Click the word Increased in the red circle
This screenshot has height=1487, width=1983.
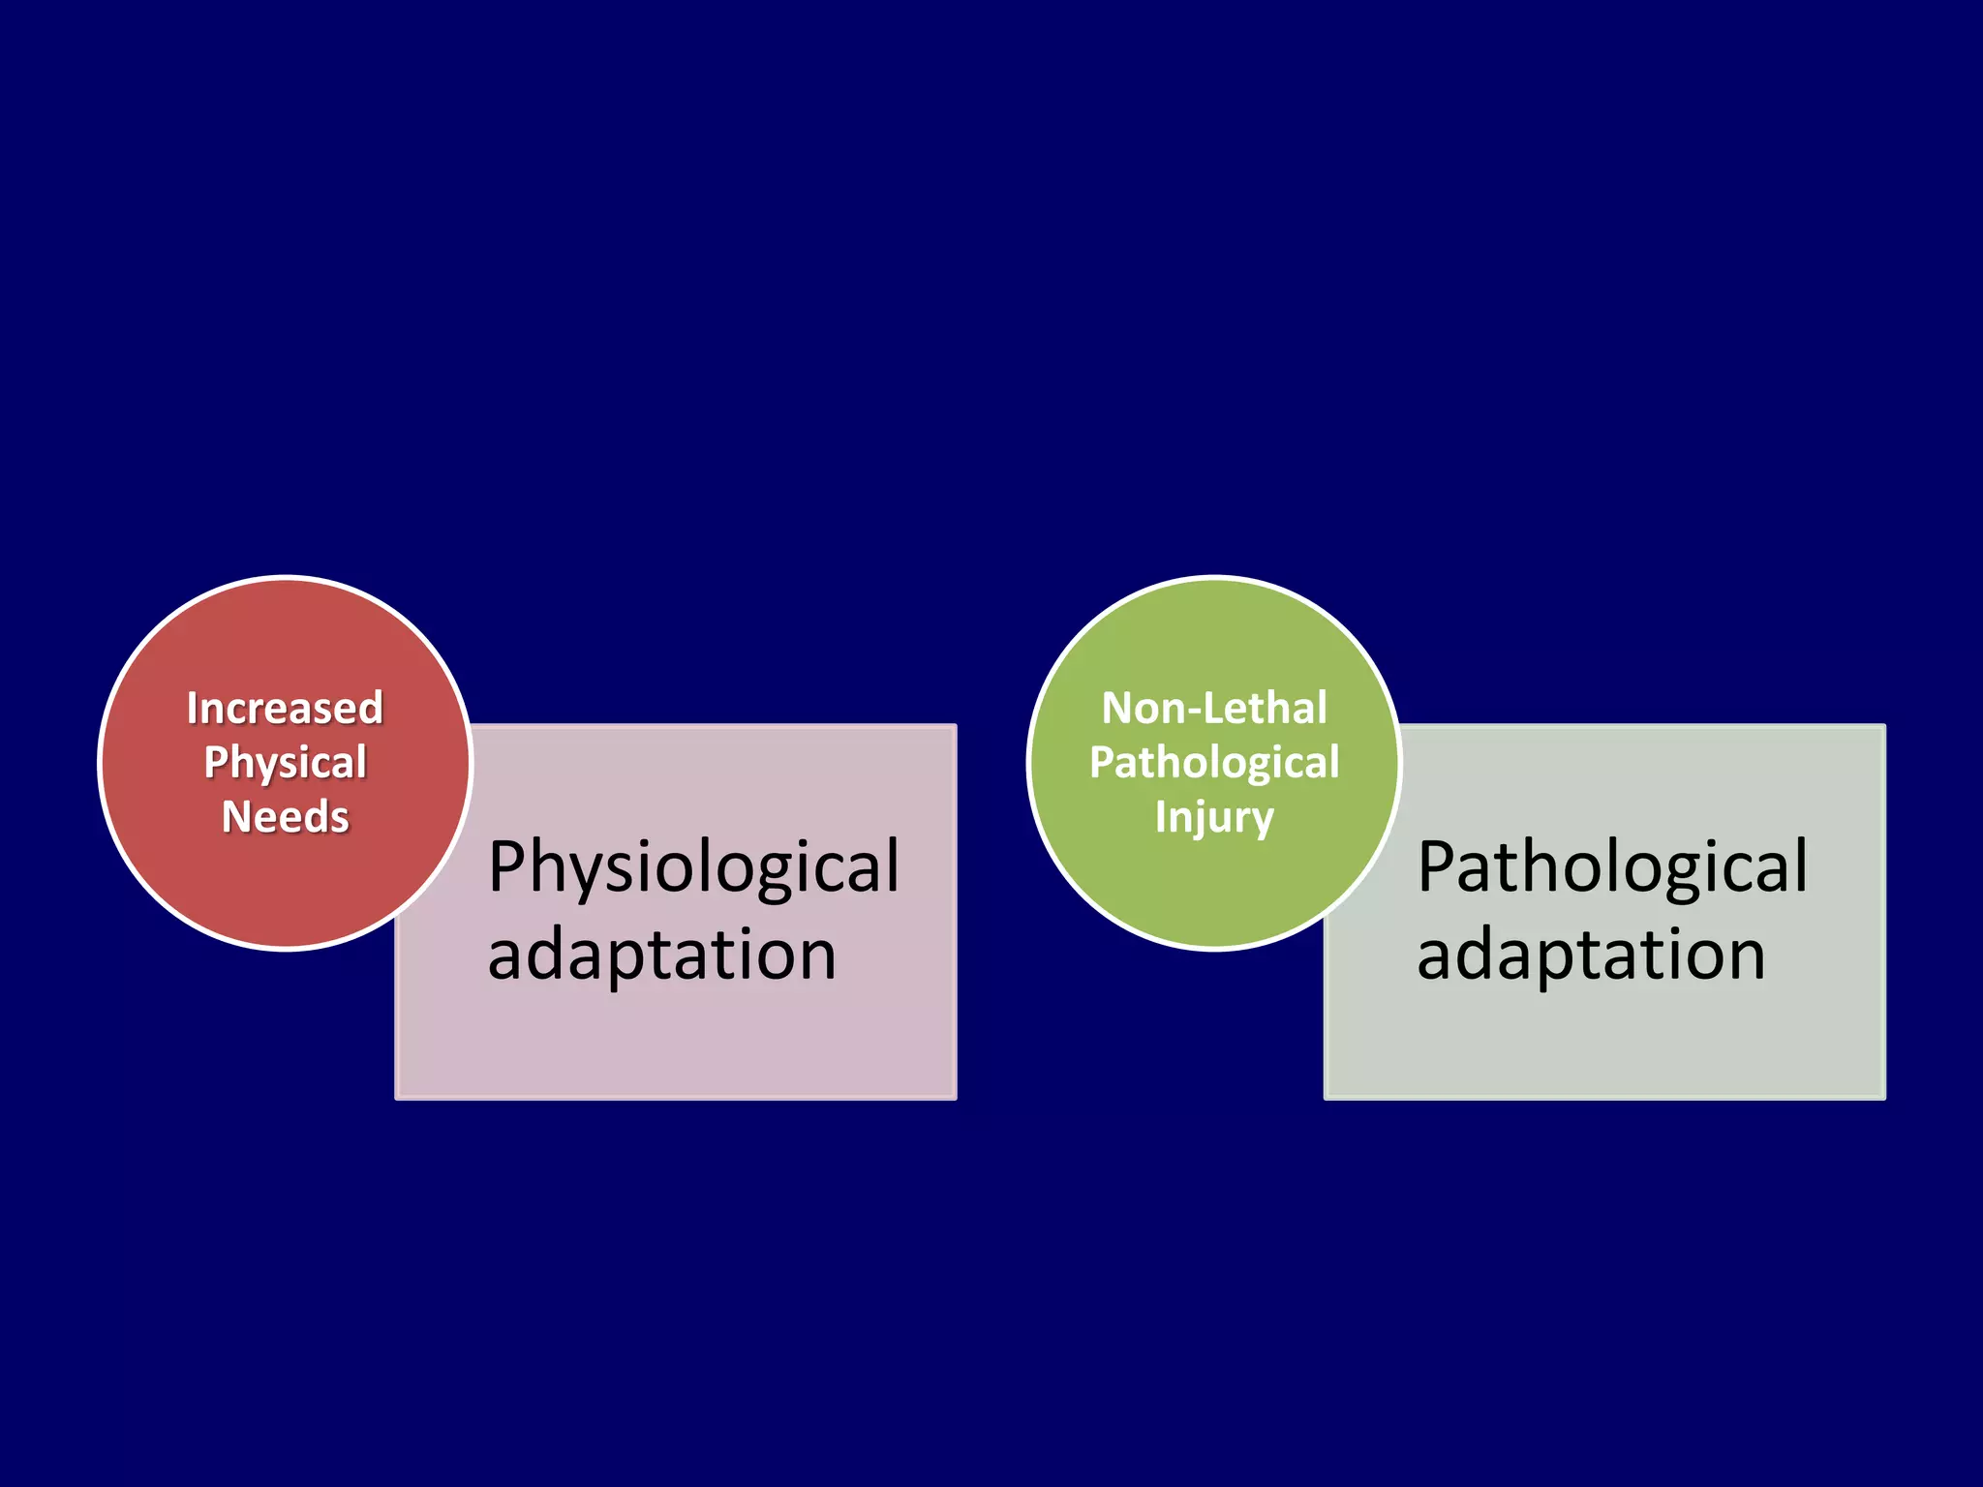[x=285, y=709]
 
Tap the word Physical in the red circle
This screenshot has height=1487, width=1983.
[x=285, y=763]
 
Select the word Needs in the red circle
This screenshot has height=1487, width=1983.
[x=285, y=817]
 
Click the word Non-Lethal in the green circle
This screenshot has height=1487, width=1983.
[x=1214, y=709]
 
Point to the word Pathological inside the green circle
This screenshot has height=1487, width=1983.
[x=1214, y=763]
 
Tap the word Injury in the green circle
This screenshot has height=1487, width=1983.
[x=1214, y=817]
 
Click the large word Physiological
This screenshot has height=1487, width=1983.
[x=693, y=867]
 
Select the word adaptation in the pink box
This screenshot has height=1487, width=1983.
[x=661, y=955]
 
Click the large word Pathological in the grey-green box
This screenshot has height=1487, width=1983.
[x=1612, y=867]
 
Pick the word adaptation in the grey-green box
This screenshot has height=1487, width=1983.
[x=1591, y=955]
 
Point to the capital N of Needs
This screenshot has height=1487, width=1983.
[x=236, y=817]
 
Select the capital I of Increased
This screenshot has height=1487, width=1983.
[x=192, y=709]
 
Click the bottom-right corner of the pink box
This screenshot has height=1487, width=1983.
[x=955, y=1098]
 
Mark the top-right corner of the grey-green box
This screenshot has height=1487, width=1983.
[x=1884, y=726]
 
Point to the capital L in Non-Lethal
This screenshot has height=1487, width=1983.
[x=1210, y=709]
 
